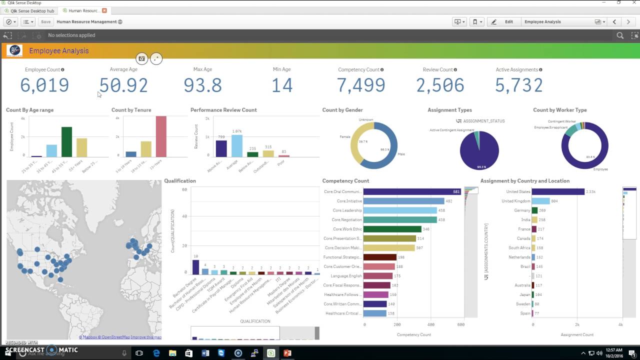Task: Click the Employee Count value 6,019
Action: pos(44,85)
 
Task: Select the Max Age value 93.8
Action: pos(202,85)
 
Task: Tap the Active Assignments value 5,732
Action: pos(518,85)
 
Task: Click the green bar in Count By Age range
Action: pos(66,142)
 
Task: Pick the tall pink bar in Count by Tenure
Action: pos(161,136)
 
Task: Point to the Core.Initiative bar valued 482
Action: pos(403,201)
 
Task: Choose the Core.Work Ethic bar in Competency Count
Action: pos(392,229)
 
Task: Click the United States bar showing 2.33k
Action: pos(558,191)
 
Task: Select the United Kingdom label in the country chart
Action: pos(515,201)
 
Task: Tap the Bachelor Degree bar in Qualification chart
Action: pos(195,267)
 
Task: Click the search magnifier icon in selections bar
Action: pos(620,35)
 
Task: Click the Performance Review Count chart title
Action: pos(223,110)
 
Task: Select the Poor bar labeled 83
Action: pos(284,155)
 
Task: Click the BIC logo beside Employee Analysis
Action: pos(14,50)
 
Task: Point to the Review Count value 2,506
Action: pos(440,85)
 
